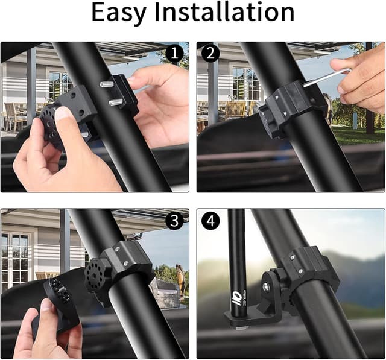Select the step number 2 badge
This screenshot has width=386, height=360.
click(211, 54)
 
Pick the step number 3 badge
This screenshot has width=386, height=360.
click(174, 221)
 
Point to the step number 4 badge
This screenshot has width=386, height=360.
click(211, 221)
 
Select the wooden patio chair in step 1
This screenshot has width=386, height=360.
click(13, 115)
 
